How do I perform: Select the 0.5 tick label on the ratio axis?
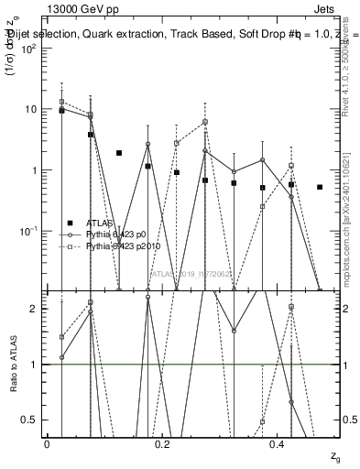coord(28,420)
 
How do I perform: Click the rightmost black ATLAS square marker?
coord(320,187)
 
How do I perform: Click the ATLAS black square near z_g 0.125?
coord(119,153)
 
